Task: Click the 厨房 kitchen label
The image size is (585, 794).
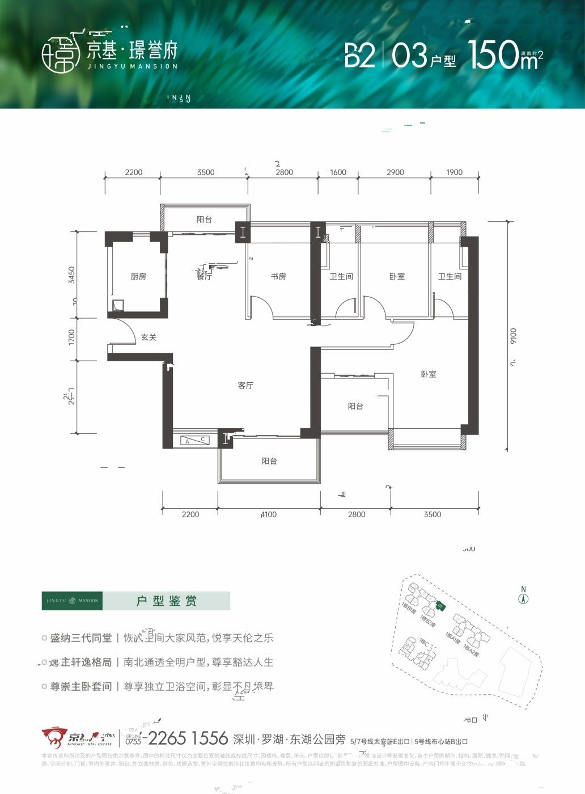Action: click(138, 277)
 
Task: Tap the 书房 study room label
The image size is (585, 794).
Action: click(278, 277)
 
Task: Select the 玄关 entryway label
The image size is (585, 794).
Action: click(149, 337)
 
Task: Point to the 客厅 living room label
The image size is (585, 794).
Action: click(245, 386)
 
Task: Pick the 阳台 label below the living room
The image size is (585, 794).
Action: click(269, 461)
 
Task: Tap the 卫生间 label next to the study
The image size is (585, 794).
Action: click(341, 277)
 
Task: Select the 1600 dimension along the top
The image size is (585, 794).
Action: click(338, 172)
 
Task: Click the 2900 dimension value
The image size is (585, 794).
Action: click(395, 172)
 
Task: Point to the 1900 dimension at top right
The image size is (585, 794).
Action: click(454, 172)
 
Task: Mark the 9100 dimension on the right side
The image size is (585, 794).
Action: click(513, 336)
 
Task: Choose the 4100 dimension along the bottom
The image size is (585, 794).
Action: click(269, 514)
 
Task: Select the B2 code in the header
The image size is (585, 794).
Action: click(360, 56)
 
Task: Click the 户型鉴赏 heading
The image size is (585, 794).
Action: click(167, 601)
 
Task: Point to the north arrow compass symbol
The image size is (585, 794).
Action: click(524, 597)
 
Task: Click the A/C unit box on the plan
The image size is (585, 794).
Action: click(195, 440)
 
